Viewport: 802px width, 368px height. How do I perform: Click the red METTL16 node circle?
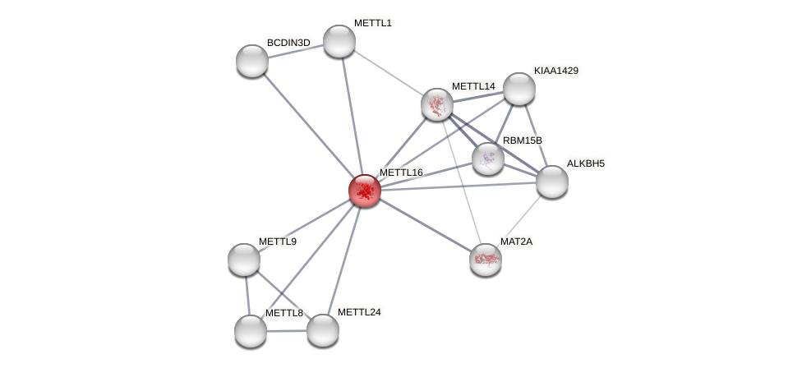pyautogui.click(x=364, y=191)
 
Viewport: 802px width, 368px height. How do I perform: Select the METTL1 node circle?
pyautogui.click(x=339, y=41)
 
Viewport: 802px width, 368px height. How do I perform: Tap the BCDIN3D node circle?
pyautogui.click(x=252, y=61)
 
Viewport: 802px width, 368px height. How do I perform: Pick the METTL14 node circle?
pyautogui.click(x=437, y=104)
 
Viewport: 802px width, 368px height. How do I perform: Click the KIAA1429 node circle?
pyautogui.click(x=519, y=89)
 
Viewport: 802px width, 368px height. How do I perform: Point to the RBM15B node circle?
pyautogui.click(x=488, y=159)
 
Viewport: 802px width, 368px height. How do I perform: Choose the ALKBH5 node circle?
pyautogui.click(x=552, y=182)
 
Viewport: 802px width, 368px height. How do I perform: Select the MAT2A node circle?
pyautogui.click(x=486, y=260)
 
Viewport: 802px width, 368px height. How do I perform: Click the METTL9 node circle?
pyautogui.click(x=244, y=260)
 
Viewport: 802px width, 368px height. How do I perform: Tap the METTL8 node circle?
pyautogui.click(x=251, y=331)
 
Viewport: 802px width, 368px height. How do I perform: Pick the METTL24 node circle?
pyautogui.click(x=323, y=330)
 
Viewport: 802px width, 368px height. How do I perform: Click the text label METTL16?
pyautogui.click(x=401, y=172)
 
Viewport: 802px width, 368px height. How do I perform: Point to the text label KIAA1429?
pyautogui.click(x=556, y=71)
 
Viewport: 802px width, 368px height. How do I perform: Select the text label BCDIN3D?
pyautogui.click(x=288, y=43)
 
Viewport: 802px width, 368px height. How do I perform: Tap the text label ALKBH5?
pyautogui.click(x=586, y=163)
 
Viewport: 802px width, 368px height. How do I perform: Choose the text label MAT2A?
pyautogui.click(x=517, y=241)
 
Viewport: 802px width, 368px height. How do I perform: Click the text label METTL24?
pyautogui.click(x=359, y=312)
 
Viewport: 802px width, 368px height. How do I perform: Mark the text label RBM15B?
pyautogui.click(x=523, y=140)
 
